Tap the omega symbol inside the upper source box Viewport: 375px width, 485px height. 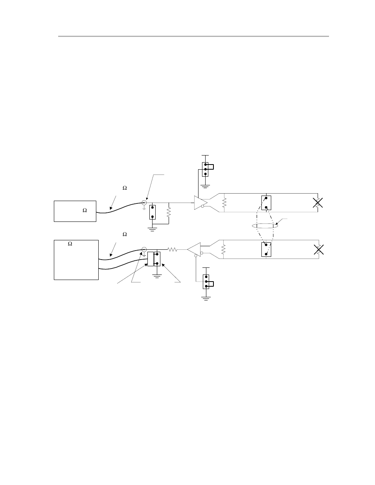pyautogui.click(x=85, y=210)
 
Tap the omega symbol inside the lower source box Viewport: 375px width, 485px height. pyautogui.click(x=70, y=244)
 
